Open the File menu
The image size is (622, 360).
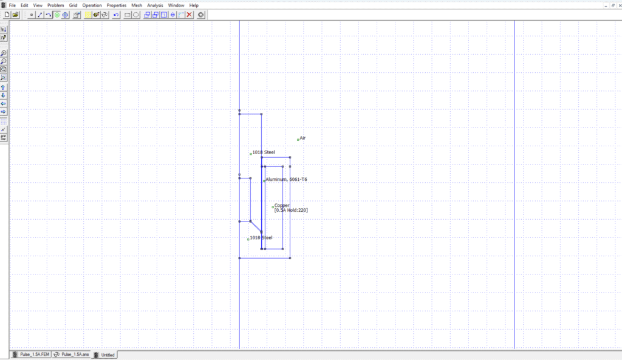pyautogui.click(x=12, y=5)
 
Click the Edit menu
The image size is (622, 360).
pyautogui.click(x=24, y=5)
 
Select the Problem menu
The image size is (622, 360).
pyautogui.click(x=55, y=5)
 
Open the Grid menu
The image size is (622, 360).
pyautogui.click(x=73, y=5)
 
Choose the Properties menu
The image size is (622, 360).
pyautogui.click(x=116, y=5)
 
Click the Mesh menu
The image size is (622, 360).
pyautogui.click(x=137, y=5)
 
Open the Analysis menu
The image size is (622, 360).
pyautogui.click(x=155, y=5)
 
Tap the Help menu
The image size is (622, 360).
pyautogui.click(x=194, y=5)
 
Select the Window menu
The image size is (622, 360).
pyautogui.click(x=176, y=5)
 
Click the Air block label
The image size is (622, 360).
pyautogui.click(x=302, y=138)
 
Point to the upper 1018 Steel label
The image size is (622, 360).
pyautogui.click(x=264, y=152)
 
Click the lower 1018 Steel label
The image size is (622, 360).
pyautogui.click(x=261, y=238)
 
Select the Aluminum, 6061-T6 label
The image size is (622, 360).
pyautogui.click(x=286, y=179)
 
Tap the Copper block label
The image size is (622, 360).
pyautogui.click(x=282, y=205)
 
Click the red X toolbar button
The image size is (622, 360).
pyautogui.click(x=190, y=15)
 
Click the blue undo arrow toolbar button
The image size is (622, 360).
pyautogui.click(x=116, y=15)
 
